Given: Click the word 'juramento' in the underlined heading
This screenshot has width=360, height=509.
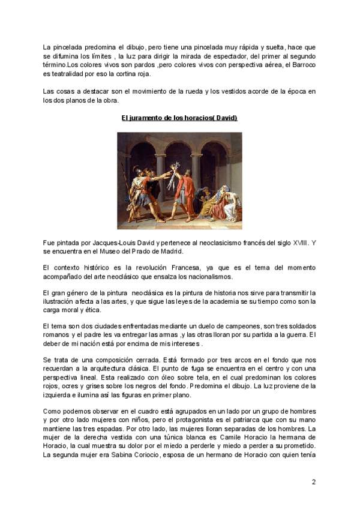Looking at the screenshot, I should pos(148,118).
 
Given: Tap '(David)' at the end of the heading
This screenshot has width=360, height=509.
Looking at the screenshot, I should pos(224,118).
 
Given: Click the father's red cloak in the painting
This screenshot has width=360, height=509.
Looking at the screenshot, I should pos(188,192).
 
